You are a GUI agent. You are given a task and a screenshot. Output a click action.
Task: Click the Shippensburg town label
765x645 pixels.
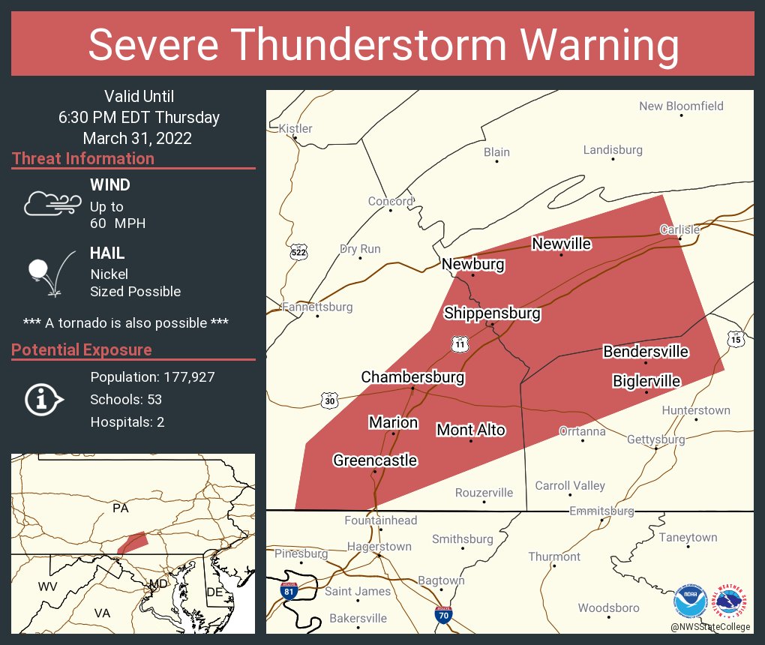(492, 313)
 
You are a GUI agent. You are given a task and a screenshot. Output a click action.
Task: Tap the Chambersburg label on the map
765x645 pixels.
(412, 376)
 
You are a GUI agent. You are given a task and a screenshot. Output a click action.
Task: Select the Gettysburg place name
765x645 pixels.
(655, 439)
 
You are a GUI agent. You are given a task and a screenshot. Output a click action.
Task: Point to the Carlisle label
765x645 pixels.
(679, 229)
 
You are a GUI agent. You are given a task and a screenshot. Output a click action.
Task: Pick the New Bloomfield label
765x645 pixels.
(681, 106)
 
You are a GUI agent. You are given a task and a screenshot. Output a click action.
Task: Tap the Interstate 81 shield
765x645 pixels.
(288, 589)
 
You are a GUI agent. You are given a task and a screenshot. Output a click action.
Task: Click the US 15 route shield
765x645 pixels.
(735, 340)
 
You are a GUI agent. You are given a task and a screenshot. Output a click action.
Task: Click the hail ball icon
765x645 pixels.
(39, 270)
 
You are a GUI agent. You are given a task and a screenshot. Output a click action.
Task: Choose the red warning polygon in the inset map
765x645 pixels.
(133, 542)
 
